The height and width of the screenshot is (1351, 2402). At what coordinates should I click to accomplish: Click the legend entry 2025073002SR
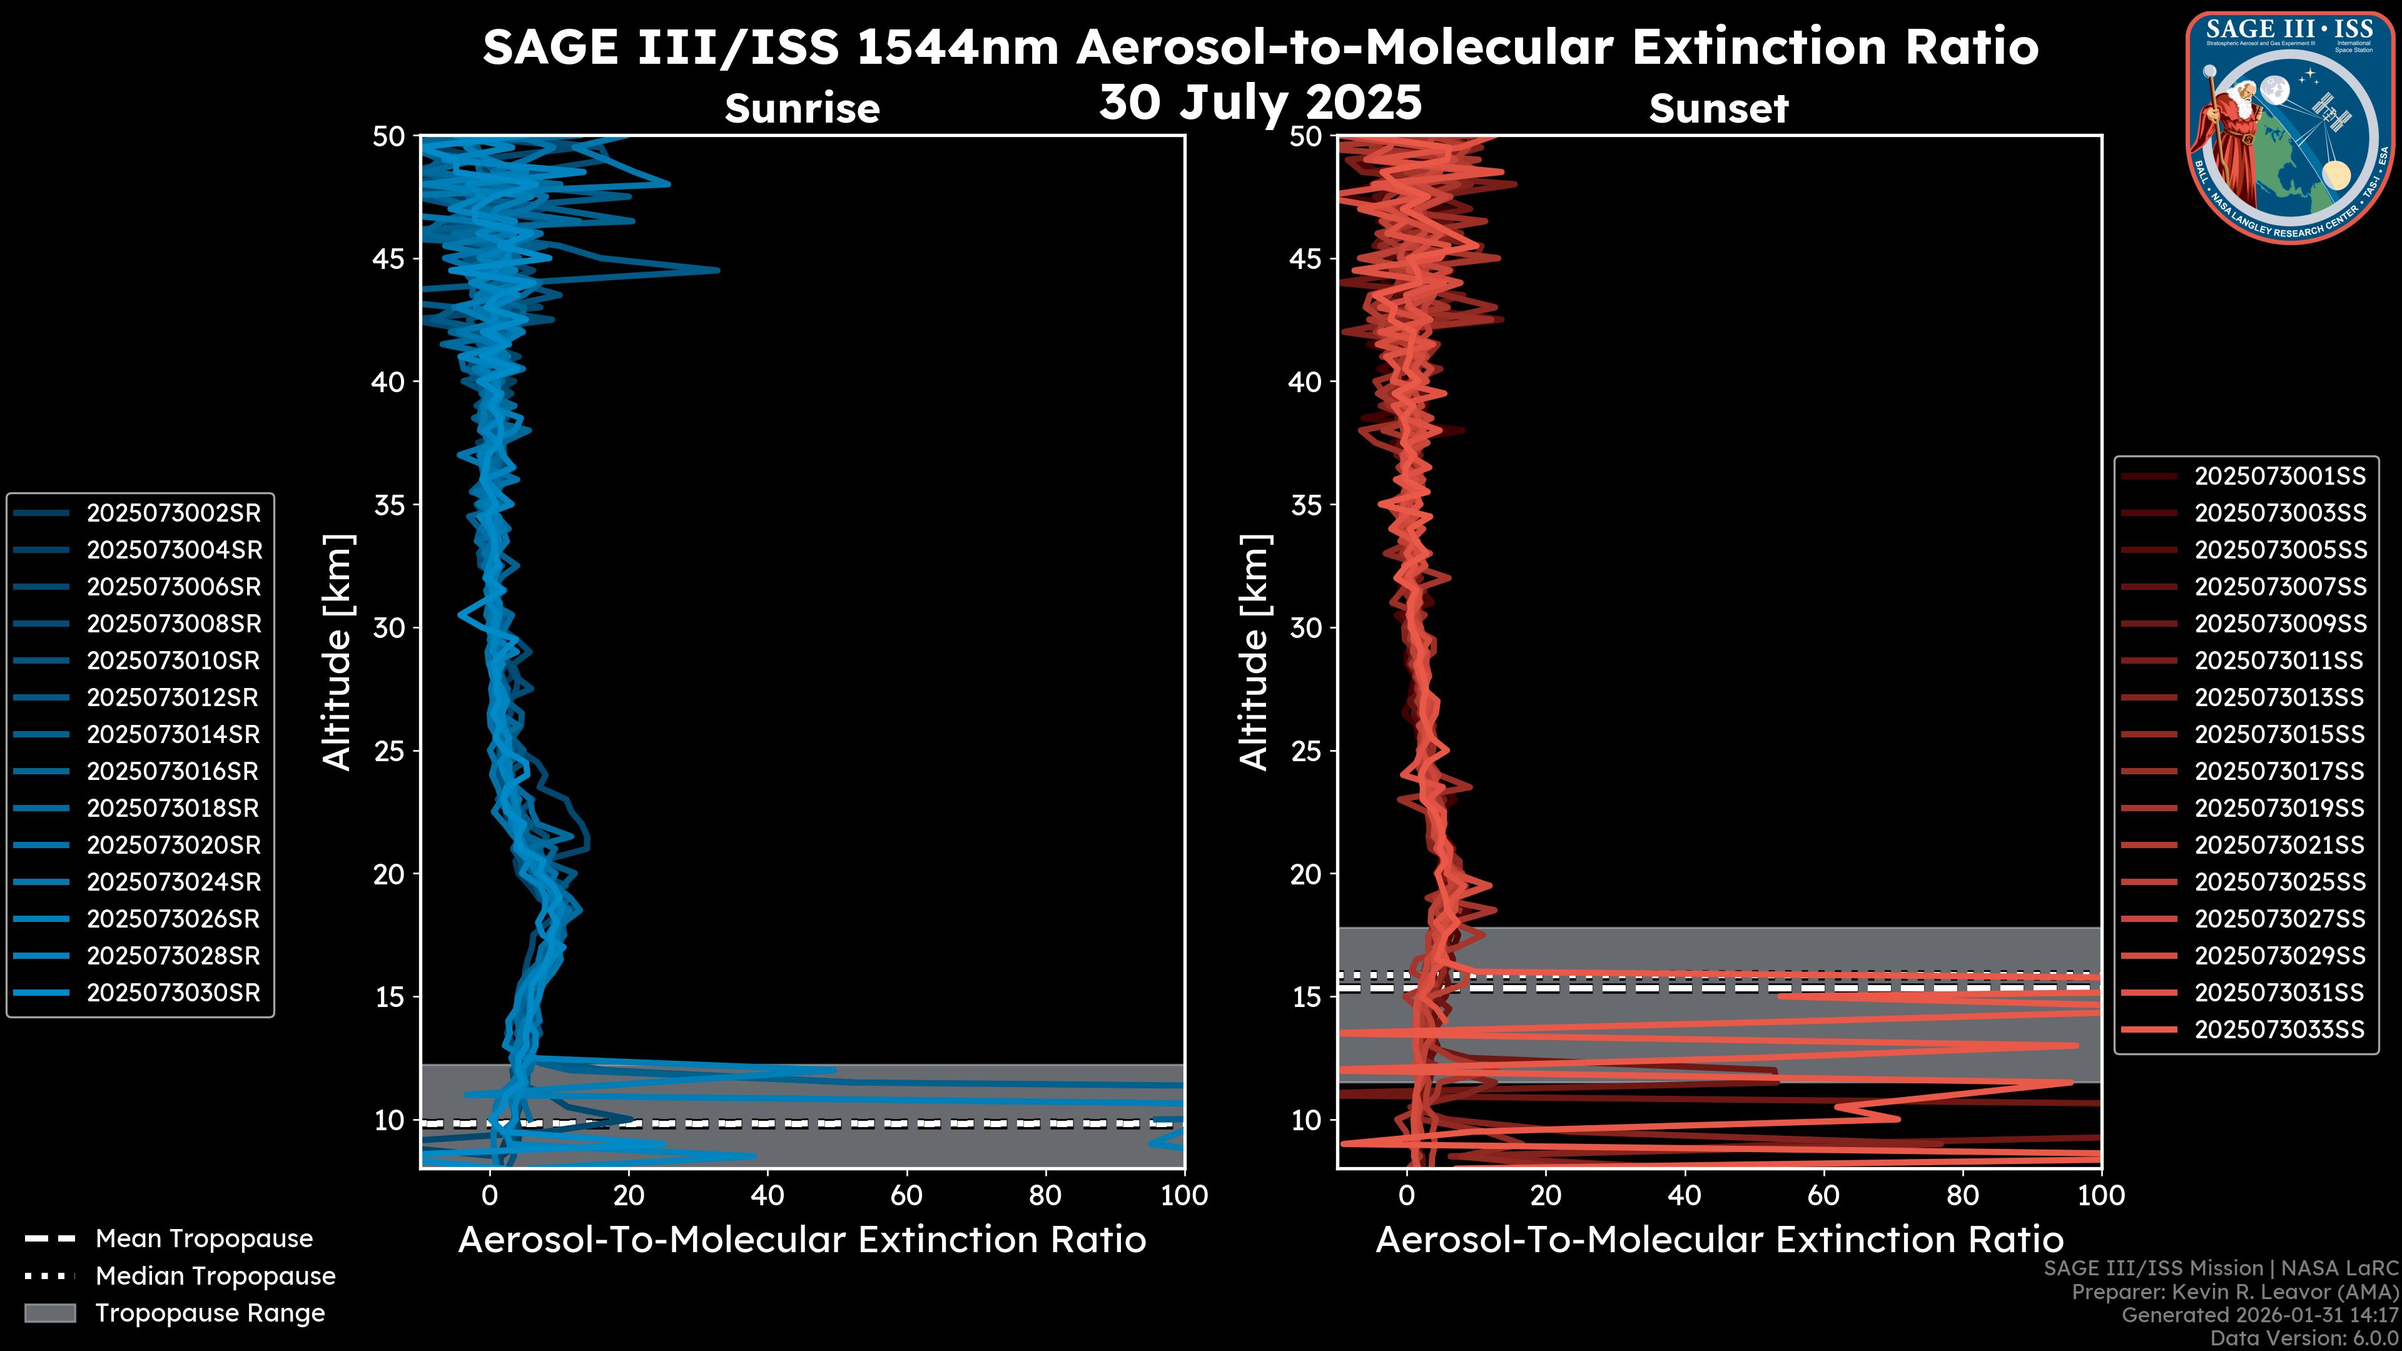(173, 513)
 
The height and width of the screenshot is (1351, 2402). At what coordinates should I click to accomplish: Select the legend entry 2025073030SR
(173, 992)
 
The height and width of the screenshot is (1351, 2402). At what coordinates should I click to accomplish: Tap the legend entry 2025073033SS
(2279, 1030)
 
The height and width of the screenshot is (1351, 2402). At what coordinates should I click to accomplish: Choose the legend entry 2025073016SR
(173, 771)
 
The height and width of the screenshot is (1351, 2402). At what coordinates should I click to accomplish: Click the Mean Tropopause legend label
(204, 1238)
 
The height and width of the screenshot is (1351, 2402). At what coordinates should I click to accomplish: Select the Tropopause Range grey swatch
(49, 1313)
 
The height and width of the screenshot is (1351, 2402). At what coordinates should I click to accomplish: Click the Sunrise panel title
(802, 108)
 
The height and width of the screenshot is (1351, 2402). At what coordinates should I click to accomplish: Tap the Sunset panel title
(1718, 108)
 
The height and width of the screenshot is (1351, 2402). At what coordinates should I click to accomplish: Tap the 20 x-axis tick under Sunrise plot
(629, 1195)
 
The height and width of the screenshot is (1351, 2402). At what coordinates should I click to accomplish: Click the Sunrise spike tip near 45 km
(717, 270)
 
